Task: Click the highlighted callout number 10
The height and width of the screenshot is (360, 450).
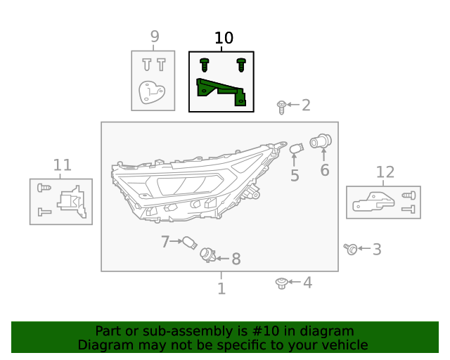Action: click(x=224, y=38)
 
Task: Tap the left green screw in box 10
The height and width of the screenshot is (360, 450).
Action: click(x=205, y=65)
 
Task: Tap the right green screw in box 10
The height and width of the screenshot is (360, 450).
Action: click(x=241, y=65)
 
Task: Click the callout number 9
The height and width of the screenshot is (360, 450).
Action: click(x=155, y=37)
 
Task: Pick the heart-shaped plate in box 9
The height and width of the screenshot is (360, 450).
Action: click(x=151, y=92)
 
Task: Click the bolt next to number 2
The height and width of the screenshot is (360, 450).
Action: click(x=281, y=107)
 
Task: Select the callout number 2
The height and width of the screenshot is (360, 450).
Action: click(x=305, y=105)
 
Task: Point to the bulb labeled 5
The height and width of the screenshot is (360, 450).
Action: click(x=297, y=149)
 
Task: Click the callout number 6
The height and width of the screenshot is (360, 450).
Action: click(x=324, y=170)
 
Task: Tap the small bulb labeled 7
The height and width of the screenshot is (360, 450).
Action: click(x=187, y=243)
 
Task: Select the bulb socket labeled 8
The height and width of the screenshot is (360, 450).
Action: click(x=207, y=255)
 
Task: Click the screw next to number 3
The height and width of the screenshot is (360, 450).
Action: click(x=351, y=248)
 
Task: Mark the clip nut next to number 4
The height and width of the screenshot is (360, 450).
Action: click(x=281, y=283)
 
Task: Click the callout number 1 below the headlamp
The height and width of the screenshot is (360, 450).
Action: click(x=221, y=288)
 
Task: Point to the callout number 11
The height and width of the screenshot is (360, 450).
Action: click(x=63, y=165)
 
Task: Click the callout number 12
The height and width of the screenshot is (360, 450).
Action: click(x=385, y=172)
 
